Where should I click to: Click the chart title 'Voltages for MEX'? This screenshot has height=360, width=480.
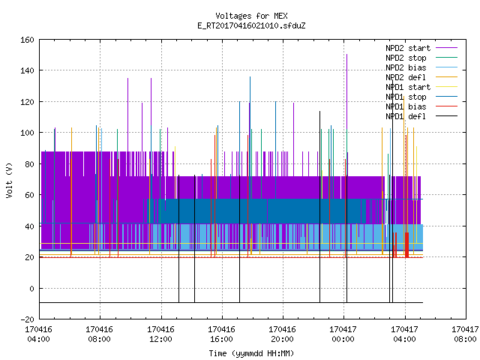click(x=251, y=16)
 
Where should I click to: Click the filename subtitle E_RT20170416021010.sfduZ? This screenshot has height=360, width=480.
click(x=251, y=25)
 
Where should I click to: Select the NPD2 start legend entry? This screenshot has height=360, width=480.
click(x=421, y=48)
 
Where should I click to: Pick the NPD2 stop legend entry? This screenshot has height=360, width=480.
click(x=421, y=58)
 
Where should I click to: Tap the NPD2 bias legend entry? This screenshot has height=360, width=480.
click(x=421, y=67)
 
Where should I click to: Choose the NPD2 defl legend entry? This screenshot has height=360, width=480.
click(x=421, y=77)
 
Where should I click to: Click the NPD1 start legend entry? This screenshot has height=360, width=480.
click(x=421, y=87)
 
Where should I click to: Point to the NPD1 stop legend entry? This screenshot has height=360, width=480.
click(x=421, y=97)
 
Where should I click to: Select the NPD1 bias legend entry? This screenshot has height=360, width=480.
click(x=421, y=106)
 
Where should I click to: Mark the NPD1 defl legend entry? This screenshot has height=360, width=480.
click(x=421, y=116)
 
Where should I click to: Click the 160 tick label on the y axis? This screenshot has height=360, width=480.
click(x=27, y=40)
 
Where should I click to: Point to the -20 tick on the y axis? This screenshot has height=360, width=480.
click(x=27, y=319)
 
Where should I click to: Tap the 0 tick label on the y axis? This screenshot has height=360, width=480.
click(x=31, y=288)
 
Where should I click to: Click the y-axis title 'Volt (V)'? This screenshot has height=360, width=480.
click(x=10, y=180)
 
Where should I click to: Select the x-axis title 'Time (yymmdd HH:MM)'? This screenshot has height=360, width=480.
click(x=251, y=353)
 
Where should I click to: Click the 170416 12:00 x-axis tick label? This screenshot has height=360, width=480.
click(x=160, y=334)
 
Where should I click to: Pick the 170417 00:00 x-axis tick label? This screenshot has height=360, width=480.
click(x=343, y=334)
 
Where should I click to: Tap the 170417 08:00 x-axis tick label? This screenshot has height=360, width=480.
click(x=465, y=334)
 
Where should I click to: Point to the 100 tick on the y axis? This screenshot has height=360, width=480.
click(x=27, y=133)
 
